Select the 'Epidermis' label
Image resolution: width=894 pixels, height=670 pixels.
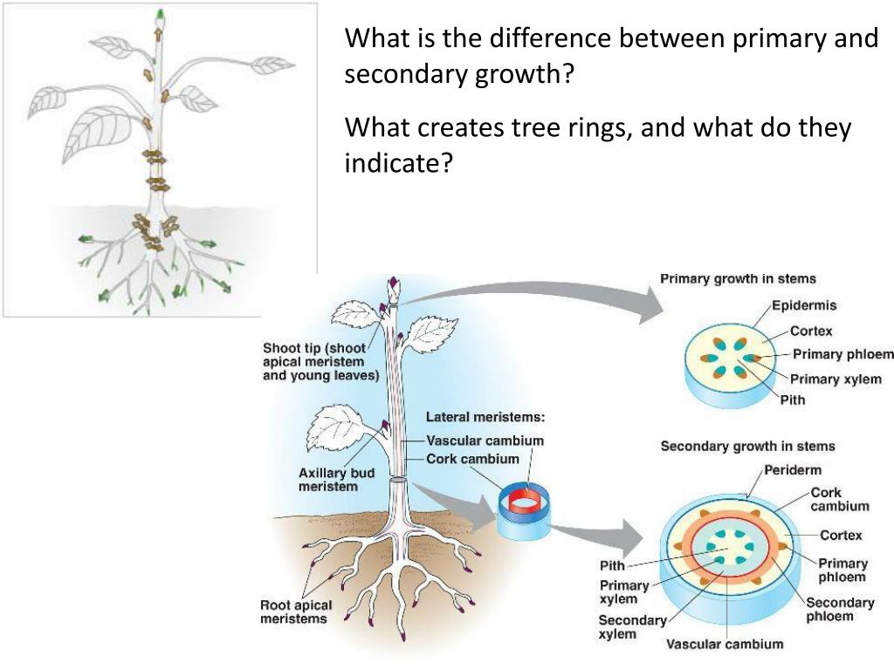coord(804,305)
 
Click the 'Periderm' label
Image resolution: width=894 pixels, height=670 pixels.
coord(792,470)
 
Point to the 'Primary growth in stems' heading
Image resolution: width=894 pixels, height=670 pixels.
coord(738,279)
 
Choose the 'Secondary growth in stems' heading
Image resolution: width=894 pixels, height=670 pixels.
coord(747,446)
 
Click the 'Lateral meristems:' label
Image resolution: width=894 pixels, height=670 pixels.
coord(485,417)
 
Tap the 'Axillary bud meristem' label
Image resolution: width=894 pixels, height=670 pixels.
coord(336,480)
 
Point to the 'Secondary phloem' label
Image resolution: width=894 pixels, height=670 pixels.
coord(839,609)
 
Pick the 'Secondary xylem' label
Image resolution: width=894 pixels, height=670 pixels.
coord(630,627)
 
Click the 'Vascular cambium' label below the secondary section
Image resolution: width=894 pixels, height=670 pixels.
coord(725,645)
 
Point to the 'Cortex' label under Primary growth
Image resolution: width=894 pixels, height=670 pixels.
coord(811,331)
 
